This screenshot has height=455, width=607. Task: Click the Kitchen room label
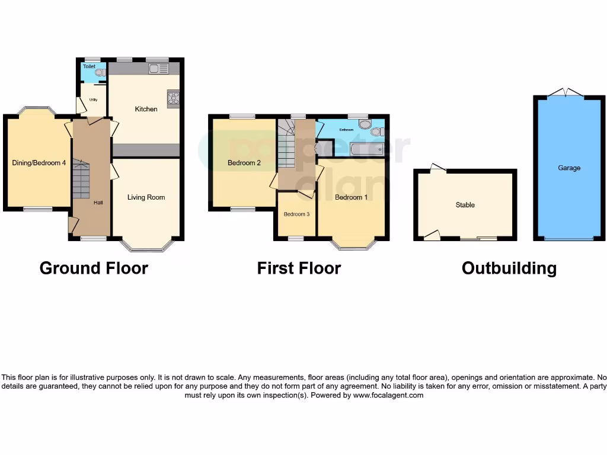pyautogui.click(x=146, y=109)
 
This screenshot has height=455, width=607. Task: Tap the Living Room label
pyautogui.click(x=146, y=197)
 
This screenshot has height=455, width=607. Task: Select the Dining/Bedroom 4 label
pyautogui.click(x=39, y=163)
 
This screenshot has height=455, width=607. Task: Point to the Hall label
pyautogui.click(x=98, y=203)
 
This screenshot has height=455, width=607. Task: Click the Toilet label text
pyautogui.click(x=89, y=67)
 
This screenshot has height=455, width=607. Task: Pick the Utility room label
pyautogui.click(x=93, y=100)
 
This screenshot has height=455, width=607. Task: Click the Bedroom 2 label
pyautogui.click(x=244, y=163)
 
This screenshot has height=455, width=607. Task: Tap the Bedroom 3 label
pyautogui.click(x=296, y=214)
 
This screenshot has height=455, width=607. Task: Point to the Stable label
pyautogui.click(x=465, y=205)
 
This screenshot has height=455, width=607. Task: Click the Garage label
pyautogui.click(x=568, y=168)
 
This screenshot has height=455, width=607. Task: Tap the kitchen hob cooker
pyautogui.click(x=174, y=99)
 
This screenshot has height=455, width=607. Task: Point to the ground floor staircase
pyautogui.click(x=80, y=181)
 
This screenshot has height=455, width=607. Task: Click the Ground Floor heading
pyautogui.click(x=94, y=268)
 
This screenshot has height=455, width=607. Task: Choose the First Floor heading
pyautogui.click(x=299, y=268)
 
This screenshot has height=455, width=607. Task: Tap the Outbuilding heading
pyautogui.click(x=509, y=268)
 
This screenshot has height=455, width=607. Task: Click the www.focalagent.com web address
pyautogui.click(x=388, y=395)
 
